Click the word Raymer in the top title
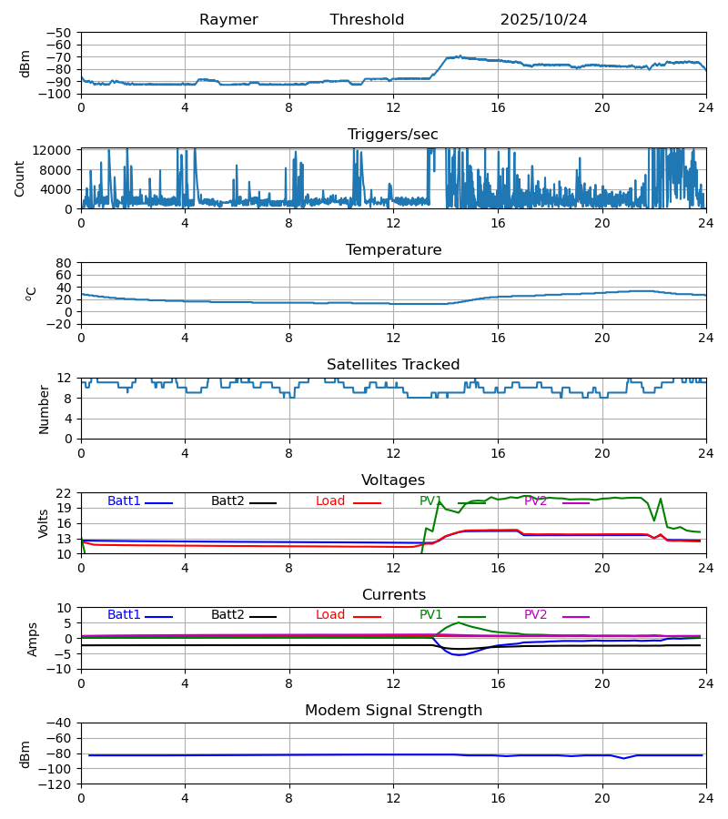228,20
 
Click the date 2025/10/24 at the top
543,20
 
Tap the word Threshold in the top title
367,20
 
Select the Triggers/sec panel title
393,135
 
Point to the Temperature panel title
393,250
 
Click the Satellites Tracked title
393,365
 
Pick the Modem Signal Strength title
393,711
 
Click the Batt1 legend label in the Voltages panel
124,501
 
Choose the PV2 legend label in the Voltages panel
535,501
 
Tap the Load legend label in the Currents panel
329,615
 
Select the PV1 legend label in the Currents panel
430,615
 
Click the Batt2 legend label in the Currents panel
227,615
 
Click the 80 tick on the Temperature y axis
65,263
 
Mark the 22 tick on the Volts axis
65,493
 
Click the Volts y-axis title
44,523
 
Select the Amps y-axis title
33,639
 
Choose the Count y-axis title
20,178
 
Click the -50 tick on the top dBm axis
61,33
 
